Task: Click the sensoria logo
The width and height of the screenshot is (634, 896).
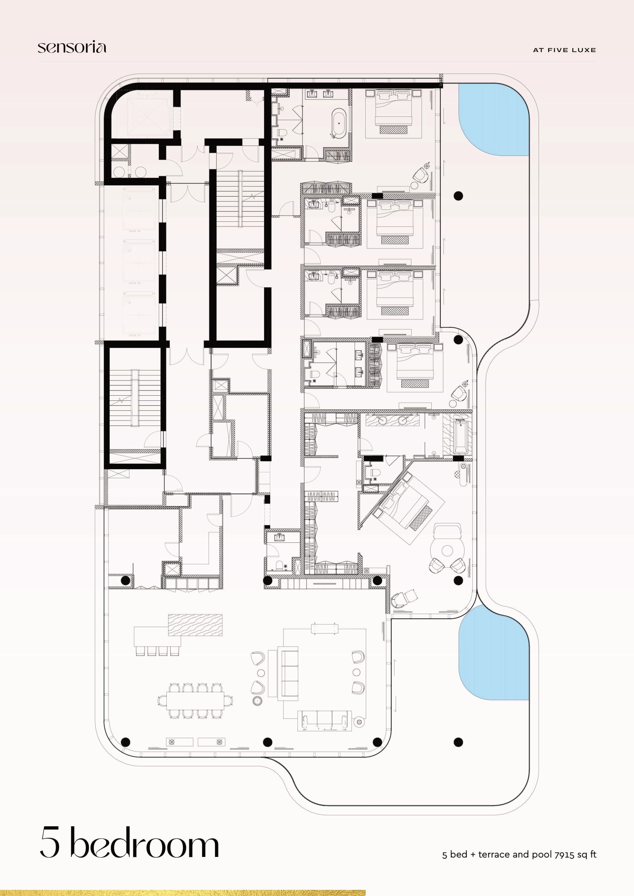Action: [72, 47]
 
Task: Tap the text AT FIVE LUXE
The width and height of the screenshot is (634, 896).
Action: [564, 50]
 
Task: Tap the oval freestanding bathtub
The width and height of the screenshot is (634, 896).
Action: [338, 123]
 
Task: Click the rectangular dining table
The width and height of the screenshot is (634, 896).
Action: [195, 701]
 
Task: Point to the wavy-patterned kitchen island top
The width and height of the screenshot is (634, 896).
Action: [195, 625]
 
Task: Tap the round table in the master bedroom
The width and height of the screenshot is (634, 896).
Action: [447, 550]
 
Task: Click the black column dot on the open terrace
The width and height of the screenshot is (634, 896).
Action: [458, 742]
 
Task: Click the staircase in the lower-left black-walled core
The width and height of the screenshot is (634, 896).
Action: [135, 398]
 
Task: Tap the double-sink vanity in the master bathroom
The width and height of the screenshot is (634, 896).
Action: [393, 420]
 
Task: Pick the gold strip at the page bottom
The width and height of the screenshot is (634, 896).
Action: [183, 893]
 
